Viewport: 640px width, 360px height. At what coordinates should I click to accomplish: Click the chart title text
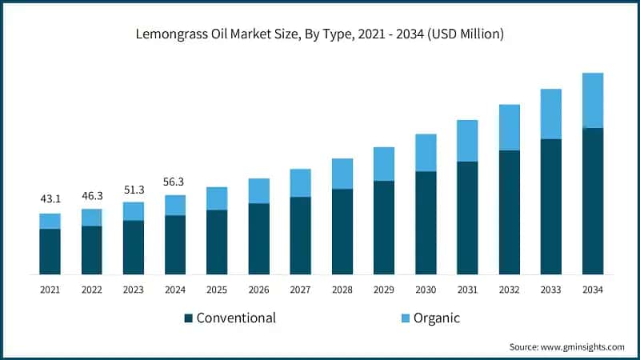320,34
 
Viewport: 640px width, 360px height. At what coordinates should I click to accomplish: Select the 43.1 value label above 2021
50,198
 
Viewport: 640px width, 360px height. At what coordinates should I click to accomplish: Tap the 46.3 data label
91,194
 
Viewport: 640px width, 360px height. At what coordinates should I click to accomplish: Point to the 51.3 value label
133,189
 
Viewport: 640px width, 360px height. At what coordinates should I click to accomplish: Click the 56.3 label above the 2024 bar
175,181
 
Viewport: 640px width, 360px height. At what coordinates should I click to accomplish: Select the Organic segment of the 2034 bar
593,100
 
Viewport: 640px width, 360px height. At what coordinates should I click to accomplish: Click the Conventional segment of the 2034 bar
593,201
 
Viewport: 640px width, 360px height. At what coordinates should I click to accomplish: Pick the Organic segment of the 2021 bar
50,221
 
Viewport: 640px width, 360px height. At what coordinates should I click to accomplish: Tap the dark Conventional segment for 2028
342,231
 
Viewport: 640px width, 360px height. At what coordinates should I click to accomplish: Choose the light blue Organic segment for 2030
426,152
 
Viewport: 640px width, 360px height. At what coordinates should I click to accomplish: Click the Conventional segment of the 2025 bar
217,242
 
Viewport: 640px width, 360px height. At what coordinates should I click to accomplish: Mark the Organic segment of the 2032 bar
510,127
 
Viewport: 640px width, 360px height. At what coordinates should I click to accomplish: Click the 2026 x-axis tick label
258,290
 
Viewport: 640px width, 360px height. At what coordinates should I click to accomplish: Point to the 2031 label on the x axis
467,290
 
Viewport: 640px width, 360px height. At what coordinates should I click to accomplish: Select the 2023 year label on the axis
133,290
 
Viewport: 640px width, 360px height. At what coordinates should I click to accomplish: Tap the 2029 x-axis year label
384,290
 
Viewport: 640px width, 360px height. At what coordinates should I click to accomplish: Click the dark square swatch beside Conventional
189,318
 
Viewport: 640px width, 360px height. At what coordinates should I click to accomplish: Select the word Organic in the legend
436,318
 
